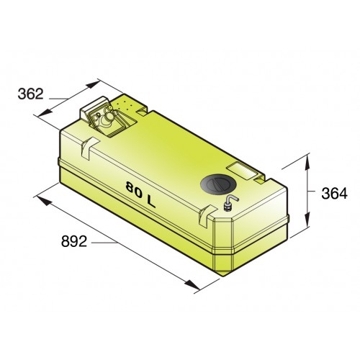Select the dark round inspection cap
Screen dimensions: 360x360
tap(217, 184)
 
